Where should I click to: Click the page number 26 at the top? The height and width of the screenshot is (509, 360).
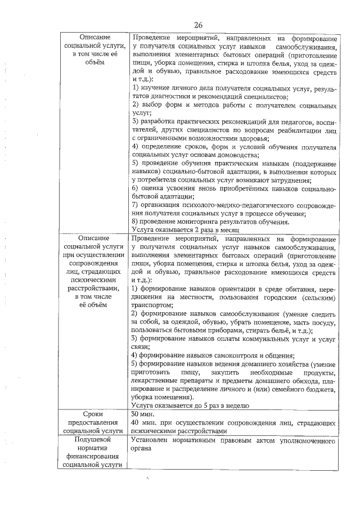click(198, 25)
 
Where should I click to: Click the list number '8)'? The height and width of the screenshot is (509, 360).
click(136, 222)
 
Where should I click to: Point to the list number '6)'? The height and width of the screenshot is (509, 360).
click(136, 188)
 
